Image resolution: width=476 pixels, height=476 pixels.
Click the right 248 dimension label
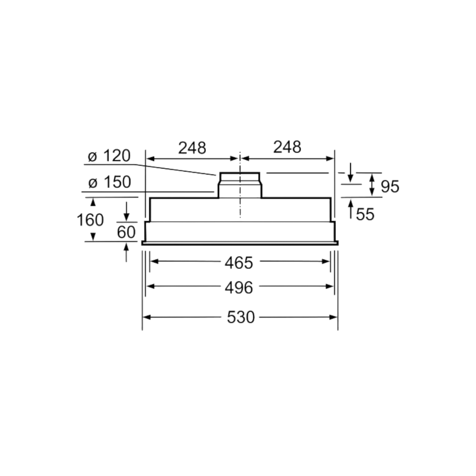pos(287,147)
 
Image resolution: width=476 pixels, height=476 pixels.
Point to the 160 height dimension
pos(90,219)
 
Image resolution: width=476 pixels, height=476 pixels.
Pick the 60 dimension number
pos(126,232)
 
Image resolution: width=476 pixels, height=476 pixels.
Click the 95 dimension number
pos(390,186)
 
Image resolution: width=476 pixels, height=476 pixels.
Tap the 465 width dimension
pos(239,262)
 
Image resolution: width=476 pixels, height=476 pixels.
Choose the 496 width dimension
pos(239,287)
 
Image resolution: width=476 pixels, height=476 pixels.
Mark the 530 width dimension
pos(240,317)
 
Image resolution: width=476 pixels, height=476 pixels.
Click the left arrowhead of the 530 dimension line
pos(147,317)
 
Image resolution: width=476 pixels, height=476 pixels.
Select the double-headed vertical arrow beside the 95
pos(372,185)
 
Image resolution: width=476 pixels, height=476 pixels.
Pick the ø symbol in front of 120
pos(93,157)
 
